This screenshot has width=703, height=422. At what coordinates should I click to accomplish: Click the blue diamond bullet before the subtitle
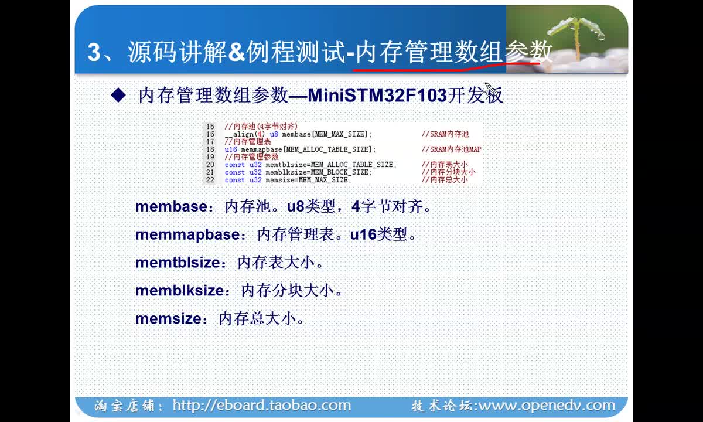coord(118,95)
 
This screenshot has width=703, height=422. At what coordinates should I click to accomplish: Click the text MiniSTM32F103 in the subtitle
coord(377,95)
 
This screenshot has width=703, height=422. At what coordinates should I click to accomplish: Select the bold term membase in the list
coord(171,206)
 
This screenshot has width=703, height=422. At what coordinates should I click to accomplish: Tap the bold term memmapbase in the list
coord(187,235)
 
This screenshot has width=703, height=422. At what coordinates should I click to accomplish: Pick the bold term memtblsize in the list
coord(178,263)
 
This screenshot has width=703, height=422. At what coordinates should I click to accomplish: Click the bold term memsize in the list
coord(168,319)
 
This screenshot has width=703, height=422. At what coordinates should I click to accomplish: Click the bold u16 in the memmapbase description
coord(363,234)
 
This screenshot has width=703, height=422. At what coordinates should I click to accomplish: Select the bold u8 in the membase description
coord(296,206)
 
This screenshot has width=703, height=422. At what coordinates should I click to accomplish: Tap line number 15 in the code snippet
coord(210,126)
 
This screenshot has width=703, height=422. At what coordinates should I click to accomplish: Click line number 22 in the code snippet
coord(210,180)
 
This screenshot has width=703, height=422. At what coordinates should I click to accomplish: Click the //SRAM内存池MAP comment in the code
coord(451,149)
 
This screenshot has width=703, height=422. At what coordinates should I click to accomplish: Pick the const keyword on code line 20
coord(234,165)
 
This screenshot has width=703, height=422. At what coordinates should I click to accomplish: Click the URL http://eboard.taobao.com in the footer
coord(262,406)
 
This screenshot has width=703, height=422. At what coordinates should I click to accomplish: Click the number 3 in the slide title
coord(94,52)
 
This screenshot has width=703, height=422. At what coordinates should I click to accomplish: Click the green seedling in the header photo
coord(576,35)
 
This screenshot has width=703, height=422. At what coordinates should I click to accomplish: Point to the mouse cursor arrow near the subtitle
coord(490,89)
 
